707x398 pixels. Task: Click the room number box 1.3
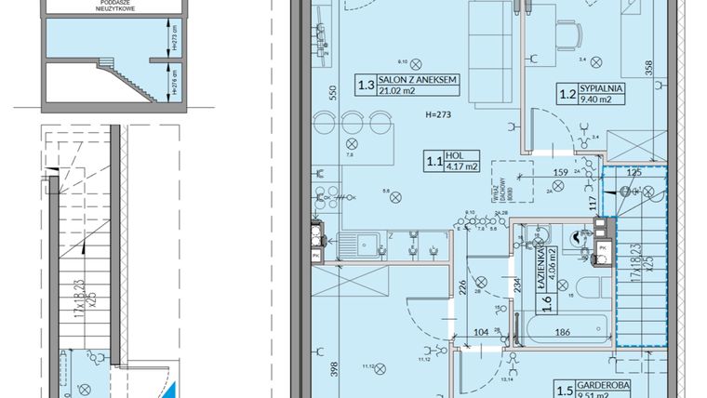(367, 87)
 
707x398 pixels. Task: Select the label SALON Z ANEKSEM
(419, 83)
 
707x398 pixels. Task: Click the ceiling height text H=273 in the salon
(436, 115)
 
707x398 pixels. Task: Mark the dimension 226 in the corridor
(461, 288)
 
